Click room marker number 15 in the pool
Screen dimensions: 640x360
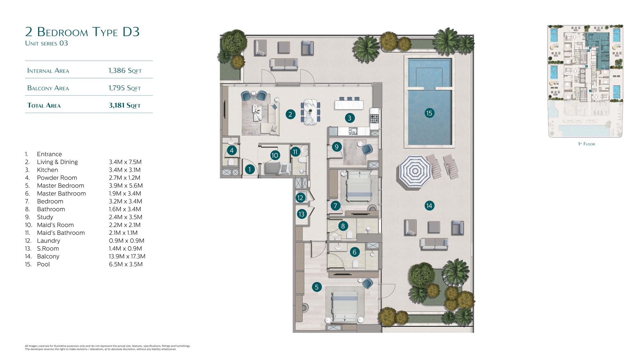[429, 113]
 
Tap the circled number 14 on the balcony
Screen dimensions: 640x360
[429, 206]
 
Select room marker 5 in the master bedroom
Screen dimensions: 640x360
[316, 287]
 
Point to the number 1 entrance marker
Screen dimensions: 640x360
[250, 170]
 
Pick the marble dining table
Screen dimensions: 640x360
[310, 112]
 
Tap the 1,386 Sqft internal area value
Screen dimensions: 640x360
[125, 71]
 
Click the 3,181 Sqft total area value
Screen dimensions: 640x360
[124, 105]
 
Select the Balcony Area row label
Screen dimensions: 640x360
[48, 88]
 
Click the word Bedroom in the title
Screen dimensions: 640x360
[62, 32]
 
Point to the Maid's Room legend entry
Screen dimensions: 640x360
[55, 225]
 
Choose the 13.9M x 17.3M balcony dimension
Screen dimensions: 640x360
[127, 256]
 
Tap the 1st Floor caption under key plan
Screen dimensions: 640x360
[587, 144]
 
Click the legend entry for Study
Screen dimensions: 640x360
[45, 217]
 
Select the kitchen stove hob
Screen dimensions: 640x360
[374, 119]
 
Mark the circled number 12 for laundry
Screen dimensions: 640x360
[300, 198]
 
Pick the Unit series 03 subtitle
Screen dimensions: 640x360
[46, 43]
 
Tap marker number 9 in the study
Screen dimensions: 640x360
[336, 147]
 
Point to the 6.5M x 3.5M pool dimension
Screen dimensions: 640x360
[126, 264]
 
